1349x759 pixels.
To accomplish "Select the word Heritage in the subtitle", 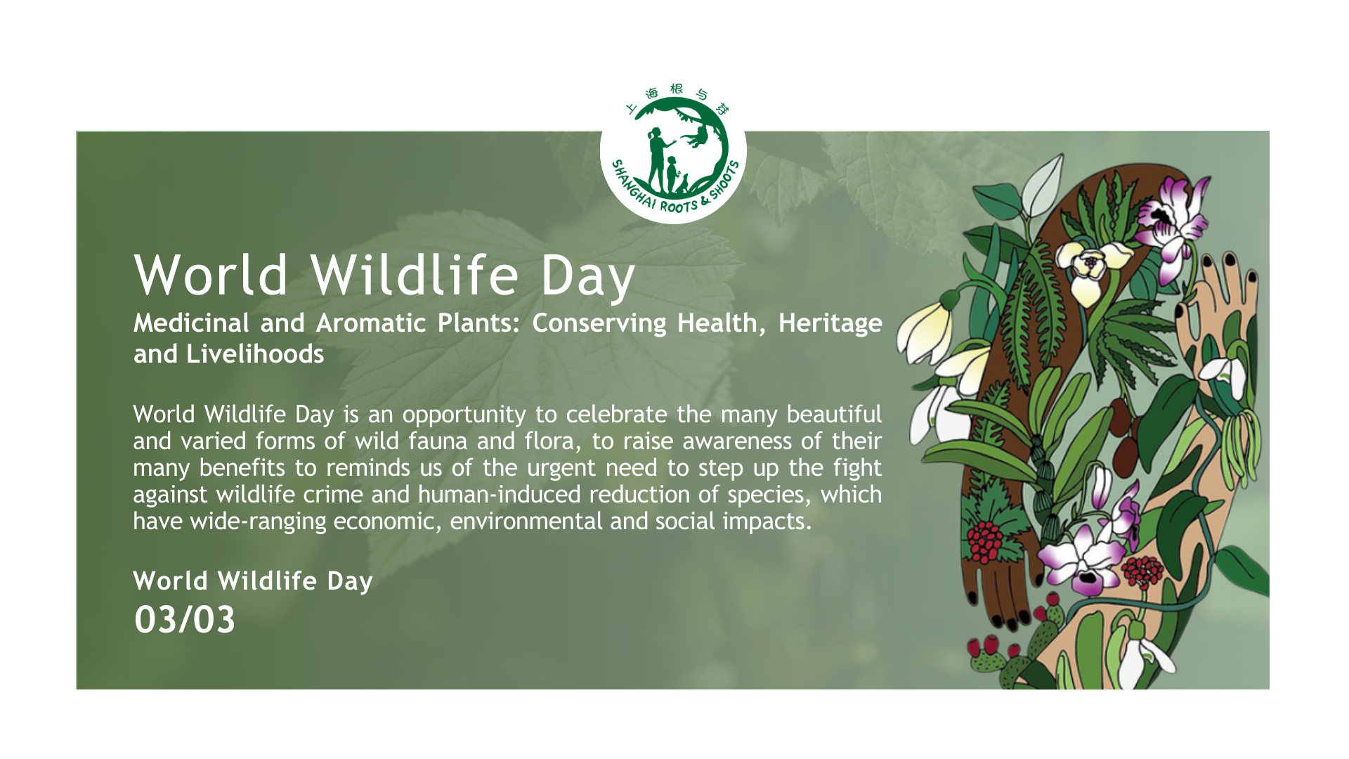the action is click(830, 324).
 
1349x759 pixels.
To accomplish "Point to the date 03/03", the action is click(185, 620).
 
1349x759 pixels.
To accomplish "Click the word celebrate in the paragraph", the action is click(617, 415).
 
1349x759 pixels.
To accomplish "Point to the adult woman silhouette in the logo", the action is click(658, 160).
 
